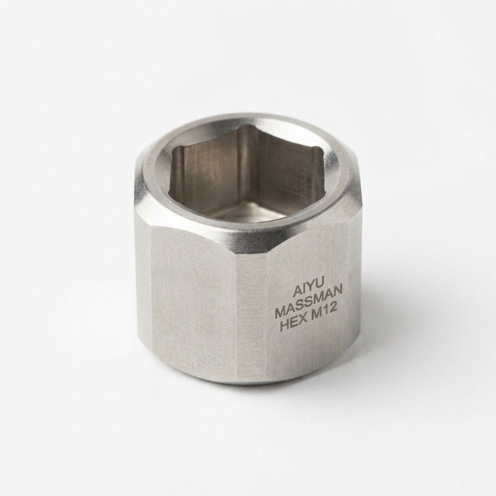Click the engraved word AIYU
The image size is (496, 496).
[x=306, y=291]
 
